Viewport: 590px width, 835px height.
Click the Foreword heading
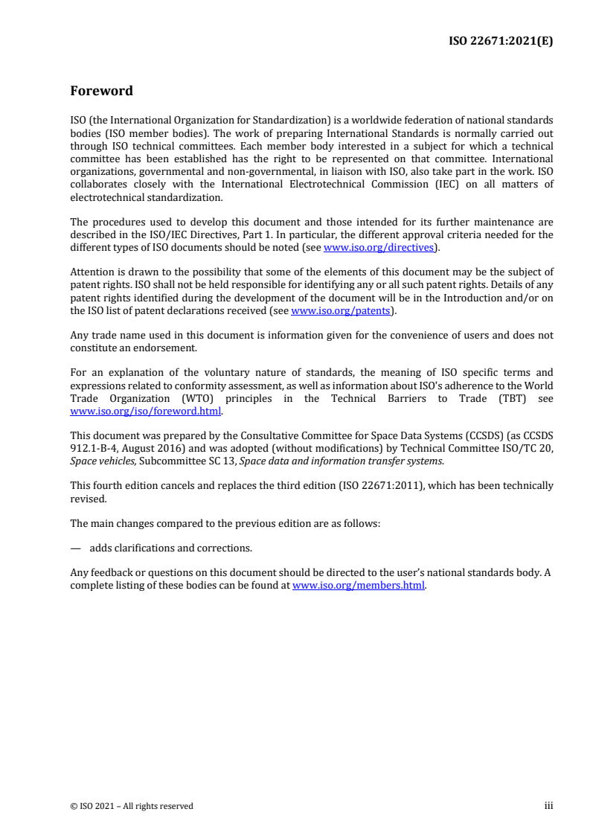(x=101, y=92)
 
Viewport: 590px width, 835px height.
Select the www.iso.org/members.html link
(x=359, y=585)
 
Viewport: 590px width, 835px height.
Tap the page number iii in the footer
(x=549, y=805)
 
